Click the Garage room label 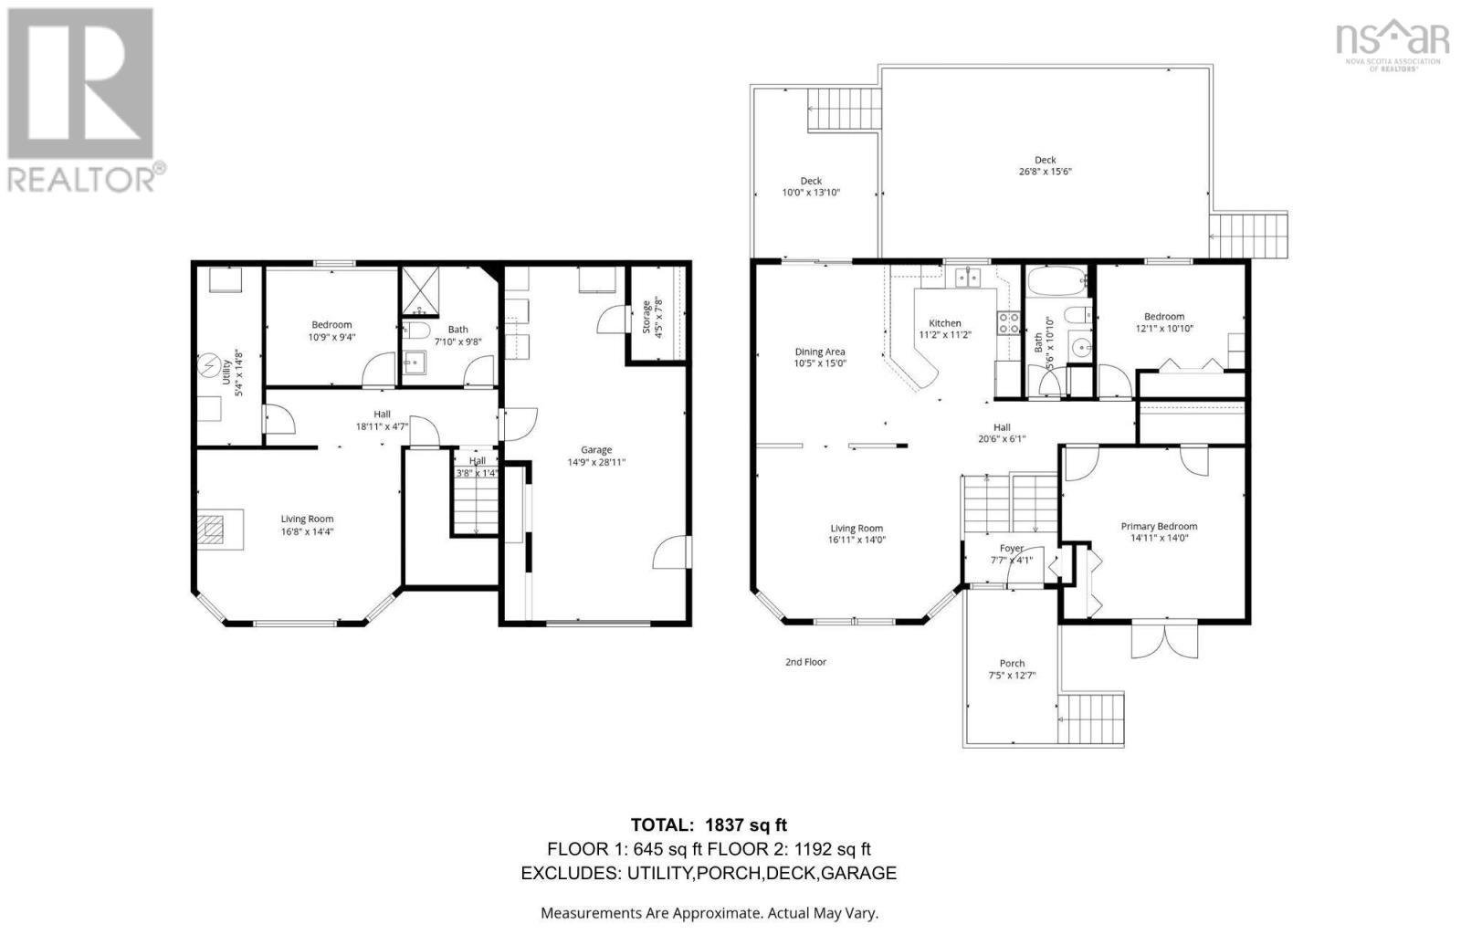(x=596, y=449)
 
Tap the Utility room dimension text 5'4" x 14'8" (x=239, y=373)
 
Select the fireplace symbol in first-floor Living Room (x=213, y=530)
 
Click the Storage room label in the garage (x=646, y=317)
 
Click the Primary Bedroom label (x=1159, y=526)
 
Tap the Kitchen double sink (x=966, y=277)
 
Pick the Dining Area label (x=819, y=352)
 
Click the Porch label (x=1012, y=663)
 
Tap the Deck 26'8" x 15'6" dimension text (x=1045, y=172)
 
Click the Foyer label (x=1011, y=548)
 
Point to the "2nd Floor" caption (x=805, y=662)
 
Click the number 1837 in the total (x=723, y=825)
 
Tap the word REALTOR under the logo (x=82, y=179)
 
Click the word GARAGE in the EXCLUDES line (x=857, y=873)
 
